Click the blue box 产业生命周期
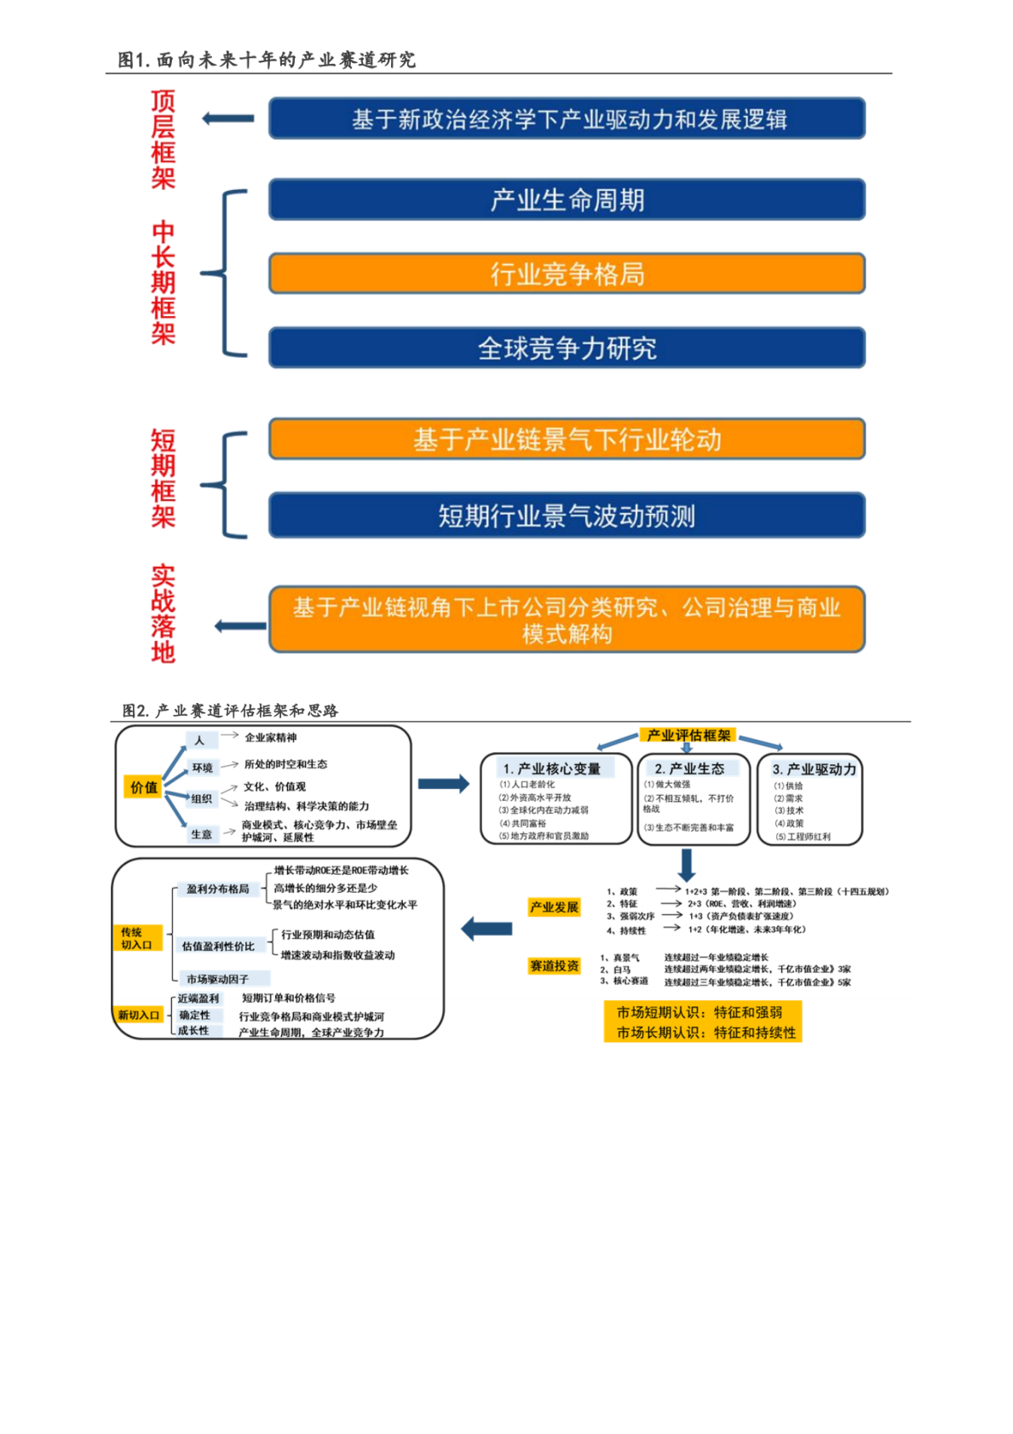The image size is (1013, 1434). (x=567, y=200)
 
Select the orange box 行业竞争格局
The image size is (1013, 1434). (x=567, y=274)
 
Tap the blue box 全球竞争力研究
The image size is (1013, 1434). (x=567, y=348)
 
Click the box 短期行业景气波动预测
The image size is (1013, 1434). (x=567, y=515)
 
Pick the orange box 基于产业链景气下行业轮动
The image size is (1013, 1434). (x=567, y=440)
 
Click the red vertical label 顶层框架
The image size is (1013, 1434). (x=163, y=139)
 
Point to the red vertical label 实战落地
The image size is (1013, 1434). (x=163, y=613)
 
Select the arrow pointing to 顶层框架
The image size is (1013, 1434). (x=228, y=118)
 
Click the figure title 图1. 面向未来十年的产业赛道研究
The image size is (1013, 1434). (x=267, y=60)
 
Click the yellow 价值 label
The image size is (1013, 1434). (x=143, y=787)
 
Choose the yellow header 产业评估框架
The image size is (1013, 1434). (x=688, y=735)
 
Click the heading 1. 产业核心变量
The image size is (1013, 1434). (x=551, y=769)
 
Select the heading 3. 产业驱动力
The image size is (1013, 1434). (x=814, y=769)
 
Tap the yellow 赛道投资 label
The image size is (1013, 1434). (x=554, y=965)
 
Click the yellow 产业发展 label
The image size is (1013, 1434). (x=554, y=907)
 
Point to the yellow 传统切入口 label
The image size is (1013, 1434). (x=135, y=938)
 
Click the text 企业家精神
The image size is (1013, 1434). (x=270, y=738)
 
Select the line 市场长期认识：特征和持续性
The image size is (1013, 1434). (x=705, y=1033)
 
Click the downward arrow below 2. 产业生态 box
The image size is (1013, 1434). (x=687, y=865)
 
